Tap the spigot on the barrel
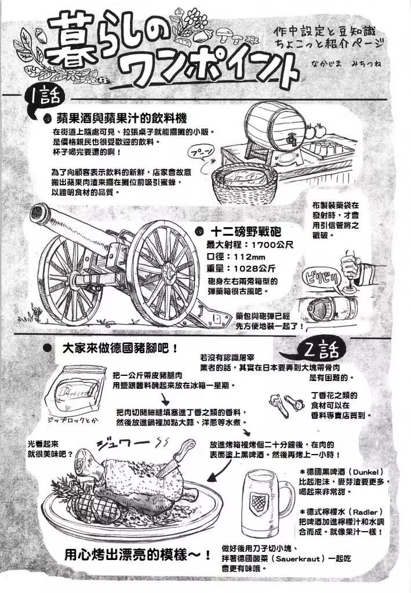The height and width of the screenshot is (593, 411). click(291, 140)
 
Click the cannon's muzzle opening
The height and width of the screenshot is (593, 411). click(39, 214)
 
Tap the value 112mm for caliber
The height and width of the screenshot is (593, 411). click(250, 257)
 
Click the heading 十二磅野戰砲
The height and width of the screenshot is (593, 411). click(246, 230)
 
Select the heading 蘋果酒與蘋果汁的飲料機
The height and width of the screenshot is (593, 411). click(122, 119)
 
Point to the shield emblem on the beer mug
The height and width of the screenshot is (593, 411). click(260, 502)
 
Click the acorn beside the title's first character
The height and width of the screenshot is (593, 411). click(41, 36)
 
